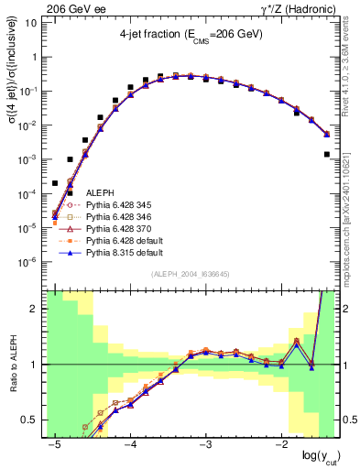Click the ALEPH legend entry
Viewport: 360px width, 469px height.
pyautogui.click(x=100, y=191)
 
